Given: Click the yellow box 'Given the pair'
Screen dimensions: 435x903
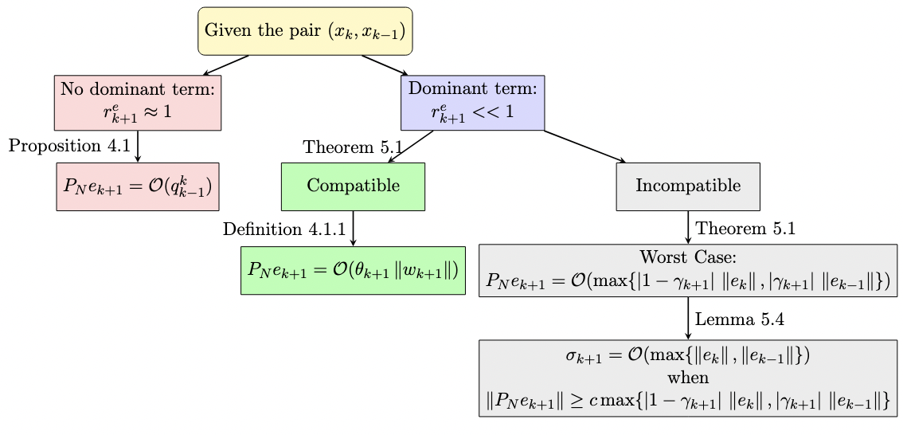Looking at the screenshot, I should (x=305, y=31).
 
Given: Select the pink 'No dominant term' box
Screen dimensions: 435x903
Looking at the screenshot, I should (x=138, y=102).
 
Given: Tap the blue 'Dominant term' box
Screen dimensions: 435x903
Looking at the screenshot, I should (x=473, y=102).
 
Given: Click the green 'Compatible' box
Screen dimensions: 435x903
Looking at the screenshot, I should (x=353, y=186).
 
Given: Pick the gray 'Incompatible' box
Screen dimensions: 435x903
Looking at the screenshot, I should (x=688, y=186).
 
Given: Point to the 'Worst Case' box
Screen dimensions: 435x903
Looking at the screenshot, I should (x=688, y=270).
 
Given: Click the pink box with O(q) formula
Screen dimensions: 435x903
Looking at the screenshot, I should (x=138, y=186).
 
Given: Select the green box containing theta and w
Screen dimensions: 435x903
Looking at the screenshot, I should (x=353, y=270).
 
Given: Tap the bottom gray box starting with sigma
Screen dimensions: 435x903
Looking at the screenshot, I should (x=688, y=378).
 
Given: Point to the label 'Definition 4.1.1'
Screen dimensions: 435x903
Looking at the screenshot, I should (x=283, y=229).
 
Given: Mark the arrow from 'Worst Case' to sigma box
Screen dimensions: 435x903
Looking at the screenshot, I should (x=688, y=319).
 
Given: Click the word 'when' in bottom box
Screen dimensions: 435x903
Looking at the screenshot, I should (x=688, y=378).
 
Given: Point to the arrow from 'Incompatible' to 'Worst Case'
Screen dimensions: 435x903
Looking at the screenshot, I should (x=688, y=227).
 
